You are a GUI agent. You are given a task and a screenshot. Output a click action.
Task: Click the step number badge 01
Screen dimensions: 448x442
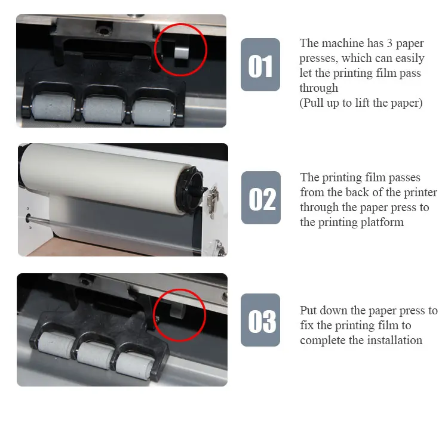click(x=260, y=65)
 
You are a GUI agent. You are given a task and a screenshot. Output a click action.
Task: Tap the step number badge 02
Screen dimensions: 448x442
click(x=261, y=198)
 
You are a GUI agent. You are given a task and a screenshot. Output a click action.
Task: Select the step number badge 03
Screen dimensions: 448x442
click(x=260, y=320)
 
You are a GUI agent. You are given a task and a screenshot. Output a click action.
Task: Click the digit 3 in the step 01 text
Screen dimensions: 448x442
click(x=389, y=44)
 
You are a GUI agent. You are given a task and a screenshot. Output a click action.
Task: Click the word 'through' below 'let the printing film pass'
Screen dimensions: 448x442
click(x=319, y=88)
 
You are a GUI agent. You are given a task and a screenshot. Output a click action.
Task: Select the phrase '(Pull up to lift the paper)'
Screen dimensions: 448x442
click(x=361, y=103)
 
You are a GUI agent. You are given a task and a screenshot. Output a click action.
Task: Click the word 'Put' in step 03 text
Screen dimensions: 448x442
click(x=308, y=310)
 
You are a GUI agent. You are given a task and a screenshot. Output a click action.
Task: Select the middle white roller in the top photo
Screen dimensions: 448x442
click(x=104, y=109)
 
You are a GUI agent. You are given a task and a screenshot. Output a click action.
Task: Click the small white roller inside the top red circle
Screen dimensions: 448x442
click(x=182, y=53)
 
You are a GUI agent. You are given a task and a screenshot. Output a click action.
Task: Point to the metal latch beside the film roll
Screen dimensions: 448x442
click(x=213, y=201)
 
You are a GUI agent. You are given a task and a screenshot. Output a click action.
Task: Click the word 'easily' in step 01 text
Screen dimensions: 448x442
click(x=410, y=59)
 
